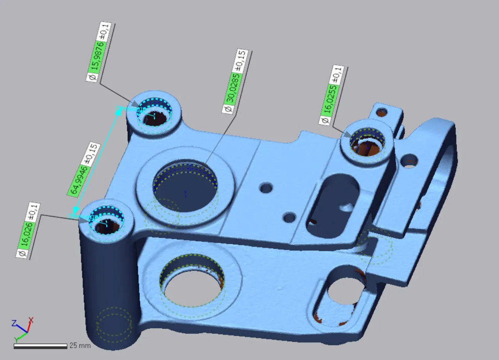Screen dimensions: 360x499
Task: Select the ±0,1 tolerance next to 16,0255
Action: [x=338, y=75]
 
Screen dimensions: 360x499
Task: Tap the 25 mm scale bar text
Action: [x=80, y=346]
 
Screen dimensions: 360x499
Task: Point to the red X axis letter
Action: [x=31, y=320]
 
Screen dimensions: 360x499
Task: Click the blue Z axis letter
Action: [x=14, y=323]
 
